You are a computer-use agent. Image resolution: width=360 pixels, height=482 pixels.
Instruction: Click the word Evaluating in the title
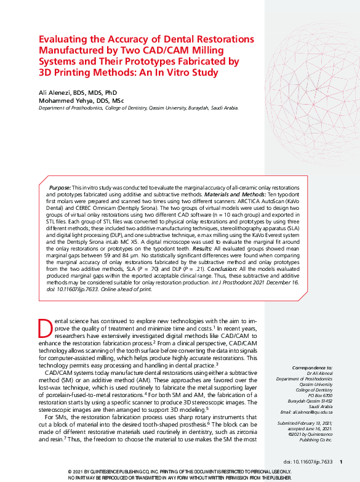[x=60, y=39]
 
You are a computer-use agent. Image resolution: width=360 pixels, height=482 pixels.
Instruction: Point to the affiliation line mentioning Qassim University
[x=138, y=108]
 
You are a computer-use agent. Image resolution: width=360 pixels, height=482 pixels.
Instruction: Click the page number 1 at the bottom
[x=342, y=462]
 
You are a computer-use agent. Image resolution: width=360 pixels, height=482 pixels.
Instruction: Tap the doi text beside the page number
[x=308, y=462]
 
